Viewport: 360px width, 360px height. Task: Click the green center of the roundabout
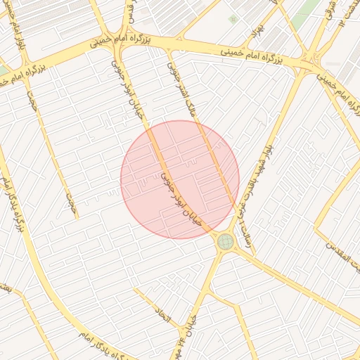(x=225, y=242)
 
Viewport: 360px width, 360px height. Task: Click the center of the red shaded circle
(x=180, y=179)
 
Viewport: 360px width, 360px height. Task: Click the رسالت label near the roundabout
(x=244, y=230)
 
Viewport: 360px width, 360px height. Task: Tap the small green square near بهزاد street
(x=232, y=19)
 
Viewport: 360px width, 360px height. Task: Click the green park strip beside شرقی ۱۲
(x=302, y=17)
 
